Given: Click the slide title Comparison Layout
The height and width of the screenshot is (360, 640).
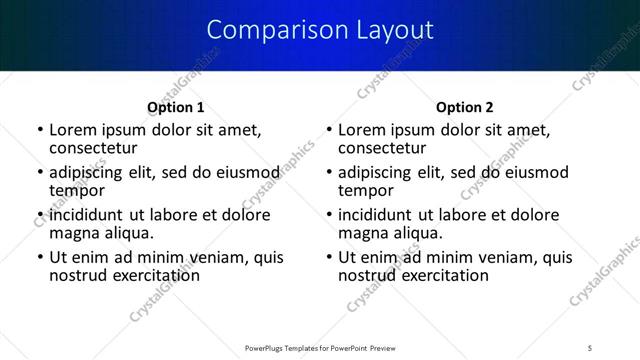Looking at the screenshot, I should [x=319, y=30].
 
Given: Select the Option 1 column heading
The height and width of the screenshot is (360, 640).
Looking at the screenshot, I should [x=175, y=107].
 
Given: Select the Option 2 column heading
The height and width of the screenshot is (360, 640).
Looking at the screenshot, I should [x=465, y=107].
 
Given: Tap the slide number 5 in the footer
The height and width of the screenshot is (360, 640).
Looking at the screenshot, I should [x=591, y=348].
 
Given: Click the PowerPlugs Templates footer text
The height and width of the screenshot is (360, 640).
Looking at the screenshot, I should [x=319, y=348].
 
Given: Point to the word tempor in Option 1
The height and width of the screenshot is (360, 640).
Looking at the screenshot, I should [x=77, y=190].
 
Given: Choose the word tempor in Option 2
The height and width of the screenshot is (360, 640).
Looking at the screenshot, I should [x=366, y=190].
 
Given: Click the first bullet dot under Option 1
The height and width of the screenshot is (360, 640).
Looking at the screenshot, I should [x=40, y=131].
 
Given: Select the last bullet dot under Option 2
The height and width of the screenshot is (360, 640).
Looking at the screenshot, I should [x=329, y=258].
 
